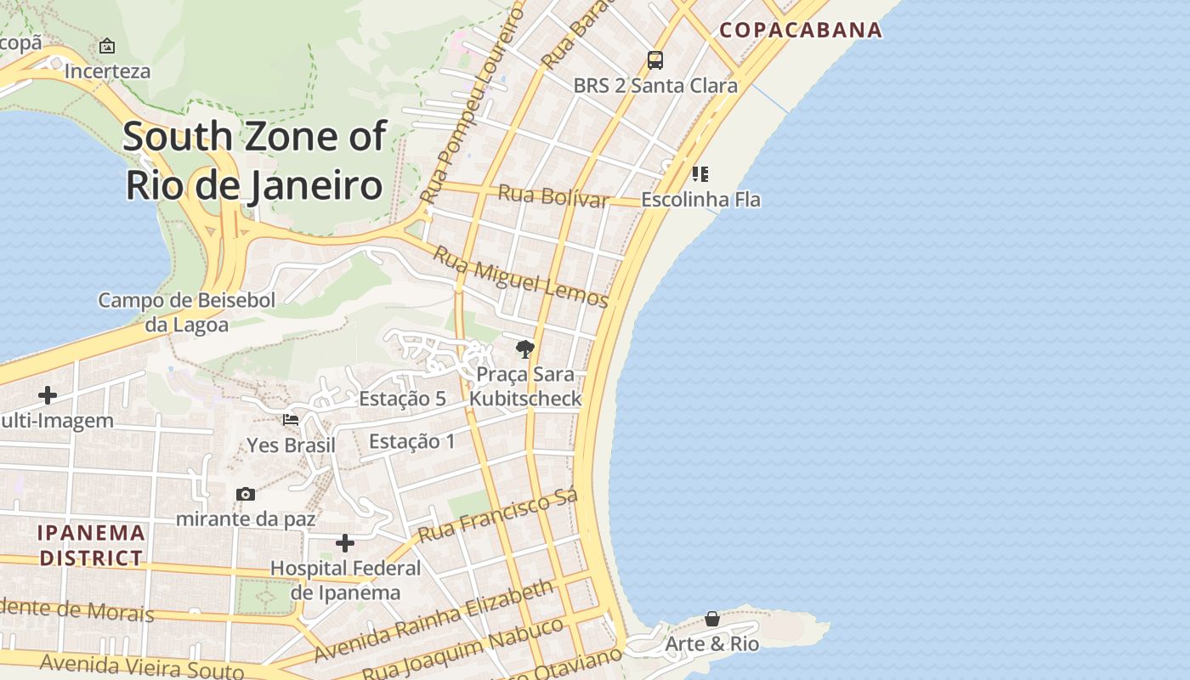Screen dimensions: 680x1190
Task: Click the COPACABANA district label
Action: pos(801,30)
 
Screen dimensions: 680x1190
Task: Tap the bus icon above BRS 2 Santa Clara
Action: pos(654,60)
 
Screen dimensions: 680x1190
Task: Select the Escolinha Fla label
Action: pos(700,200)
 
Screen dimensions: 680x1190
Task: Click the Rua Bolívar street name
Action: pos(553,195)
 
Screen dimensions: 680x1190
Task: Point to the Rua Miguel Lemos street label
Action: pos(521,276)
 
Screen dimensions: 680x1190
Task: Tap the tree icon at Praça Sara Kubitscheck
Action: pos(525,348)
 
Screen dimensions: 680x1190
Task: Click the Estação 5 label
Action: pos(402,399)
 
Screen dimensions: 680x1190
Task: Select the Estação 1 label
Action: pos(412,441)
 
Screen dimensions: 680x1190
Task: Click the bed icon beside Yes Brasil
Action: pos(291,419)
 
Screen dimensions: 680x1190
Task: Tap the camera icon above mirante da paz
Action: pos(246,494)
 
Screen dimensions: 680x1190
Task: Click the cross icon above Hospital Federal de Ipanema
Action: pos(345,542)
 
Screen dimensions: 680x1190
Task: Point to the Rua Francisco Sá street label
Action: pos(498,515)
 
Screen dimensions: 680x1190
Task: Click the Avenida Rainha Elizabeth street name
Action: pos(434,620)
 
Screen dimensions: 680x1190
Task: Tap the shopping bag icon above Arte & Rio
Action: pos(712,619)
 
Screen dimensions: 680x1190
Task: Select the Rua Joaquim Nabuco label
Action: pos(463,649)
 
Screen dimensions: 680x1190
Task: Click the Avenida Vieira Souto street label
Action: pos(142,665)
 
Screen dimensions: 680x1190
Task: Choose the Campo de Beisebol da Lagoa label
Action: pos(186,312)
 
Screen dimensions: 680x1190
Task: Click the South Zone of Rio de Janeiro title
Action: pos(254,161)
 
